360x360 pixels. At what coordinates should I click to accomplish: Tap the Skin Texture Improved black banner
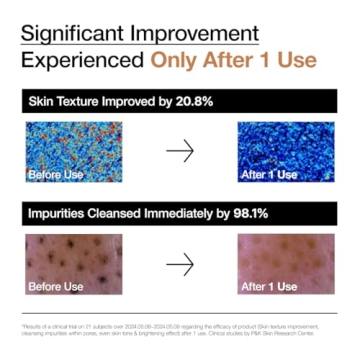tap(180, 102)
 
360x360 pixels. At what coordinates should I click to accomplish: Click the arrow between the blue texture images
tap(180, 150)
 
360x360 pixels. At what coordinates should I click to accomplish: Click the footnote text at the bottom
tap(180, 330)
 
